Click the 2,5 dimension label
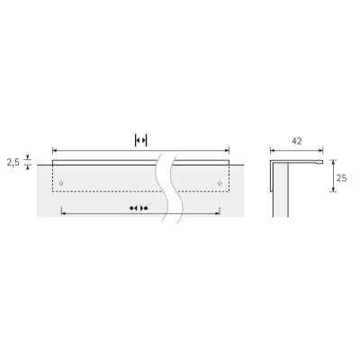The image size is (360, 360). pos(13,163)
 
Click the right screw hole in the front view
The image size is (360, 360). pos(220,183)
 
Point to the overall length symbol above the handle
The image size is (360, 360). pos(140,139)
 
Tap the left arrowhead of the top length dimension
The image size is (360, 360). pos(56,150)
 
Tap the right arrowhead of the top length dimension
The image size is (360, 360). pos(227,150)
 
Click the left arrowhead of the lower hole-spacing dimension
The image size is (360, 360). pos(63,213)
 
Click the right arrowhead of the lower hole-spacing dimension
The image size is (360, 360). pos(218,213)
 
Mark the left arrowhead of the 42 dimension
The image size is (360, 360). pos(274,150)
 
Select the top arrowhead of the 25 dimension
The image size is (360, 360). pos(331,163)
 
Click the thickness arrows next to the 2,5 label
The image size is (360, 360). pos(29,162)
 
